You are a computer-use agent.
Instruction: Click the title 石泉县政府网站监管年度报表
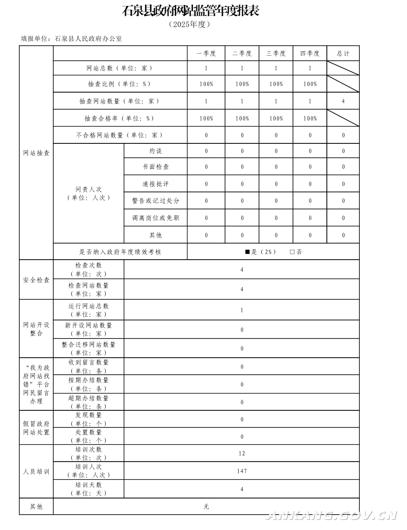click(x=190, y=10)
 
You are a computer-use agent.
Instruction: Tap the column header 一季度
click(x=206, y=54)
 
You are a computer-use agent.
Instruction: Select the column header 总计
click(x=343, y=54)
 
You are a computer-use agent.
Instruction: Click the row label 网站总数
click(x=120, y=68)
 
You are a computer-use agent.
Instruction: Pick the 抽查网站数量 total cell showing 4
click(x=343, y=101)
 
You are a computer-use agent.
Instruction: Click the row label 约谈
click(x=156, y=151)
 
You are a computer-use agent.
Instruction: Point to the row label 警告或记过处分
click(x=156, y=201)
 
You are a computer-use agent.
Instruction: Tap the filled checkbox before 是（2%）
click(x=248, y=252)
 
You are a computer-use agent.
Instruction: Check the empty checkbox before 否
click(x=292, y=252)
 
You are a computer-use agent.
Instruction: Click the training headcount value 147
click(x=242, y=471)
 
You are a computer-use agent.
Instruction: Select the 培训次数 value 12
click(x=242, y=453)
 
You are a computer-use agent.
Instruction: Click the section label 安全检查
click(x=36, y=280)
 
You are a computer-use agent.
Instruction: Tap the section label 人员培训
click(x=36, y=471)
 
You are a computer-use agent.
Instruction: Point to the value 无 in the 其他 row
click(x=206, y=506)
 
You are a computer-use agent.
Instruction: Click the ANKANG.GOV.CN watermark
click(x=332, y=515)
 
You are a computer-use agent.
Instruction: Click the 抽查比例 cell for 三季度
click(x=276, y=84)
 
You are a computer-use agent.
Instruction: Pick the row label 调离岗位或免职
click(x=156, y=218)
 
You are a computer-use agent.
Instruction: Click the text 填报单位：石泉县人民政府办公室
click(x=71, y=38)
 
